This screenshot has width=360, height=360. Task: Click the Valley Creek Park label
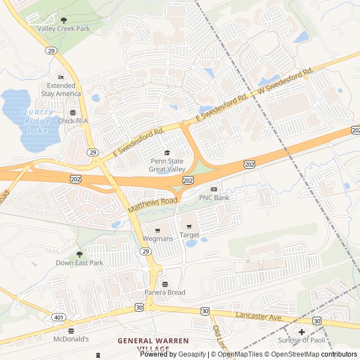64,28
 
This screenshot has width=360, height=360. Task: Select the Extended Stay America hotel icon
61,77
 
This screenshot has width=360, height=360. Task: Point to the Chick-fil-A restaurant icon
73,112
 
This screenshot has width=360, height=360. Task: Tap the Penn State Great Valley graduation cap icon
166,152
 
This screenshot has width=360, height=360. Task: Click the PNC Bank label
214,197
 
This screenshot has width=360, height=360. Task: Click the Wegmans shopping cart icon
157,229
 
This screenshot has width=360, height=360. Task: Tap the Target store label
189,235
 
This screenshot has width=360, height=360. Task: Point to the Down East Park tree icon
79,254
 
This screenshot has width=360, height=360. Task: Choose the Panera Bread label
164,292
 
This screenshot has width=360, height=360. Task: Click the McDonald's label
71,339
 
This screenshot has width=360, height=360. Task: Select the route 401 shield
58,318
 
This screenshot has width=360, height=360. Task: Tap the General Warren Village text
143,345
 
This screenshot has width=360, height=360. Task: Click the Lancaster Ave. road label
258,317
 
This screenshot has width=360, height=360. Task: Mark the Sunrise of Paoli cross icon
301,332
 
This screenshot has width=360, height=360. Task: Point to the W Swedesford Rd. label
285,82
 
